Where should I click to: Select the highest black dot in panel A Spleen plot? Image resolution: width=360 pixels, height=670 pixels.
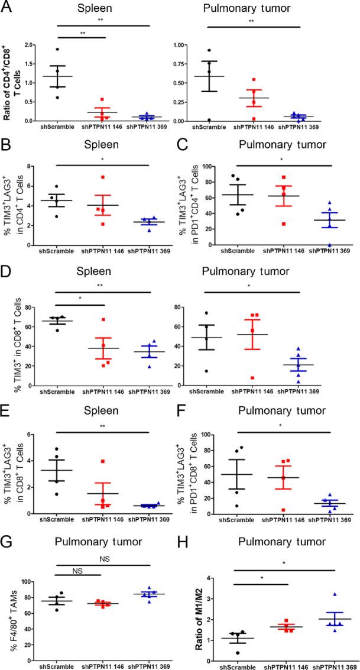click(x=58, y=50)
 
